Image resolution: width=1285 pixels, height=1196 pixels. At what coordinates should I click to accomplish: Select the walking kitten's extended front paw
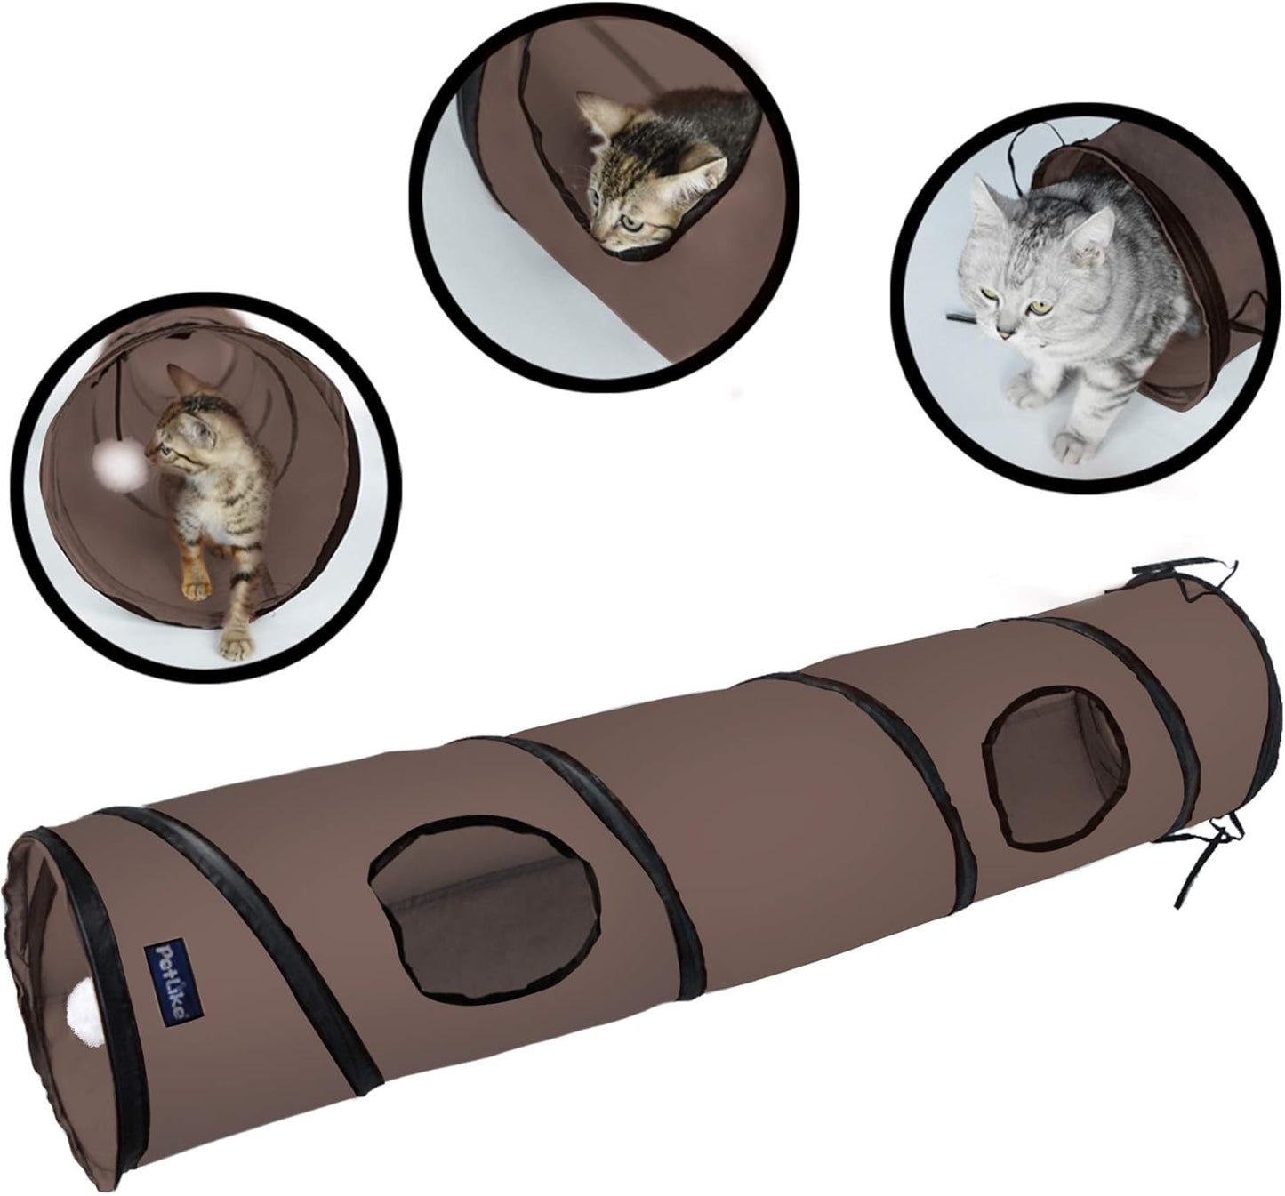234,645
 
